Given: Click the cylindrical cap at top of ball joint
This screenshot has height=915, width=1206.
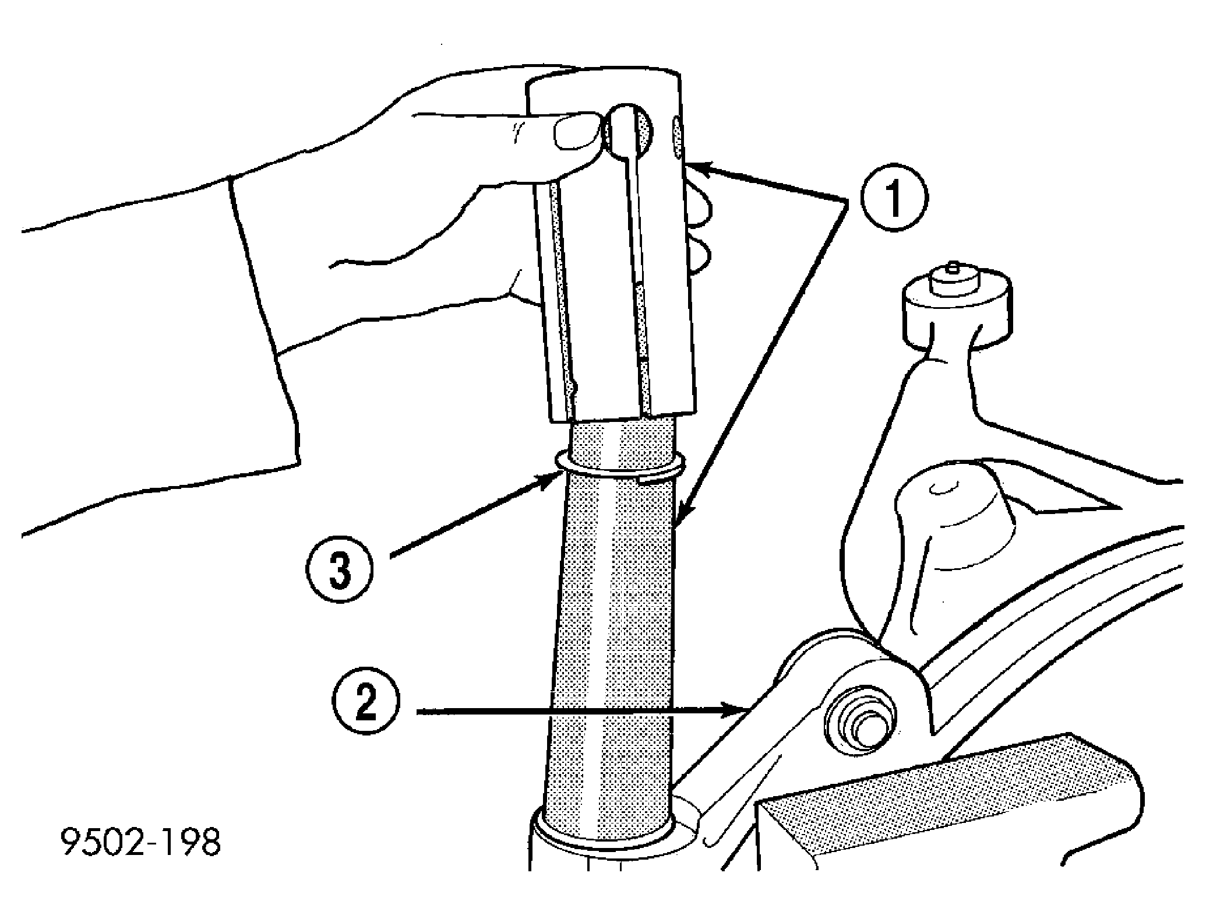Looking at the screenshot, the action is pos(955,309).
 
